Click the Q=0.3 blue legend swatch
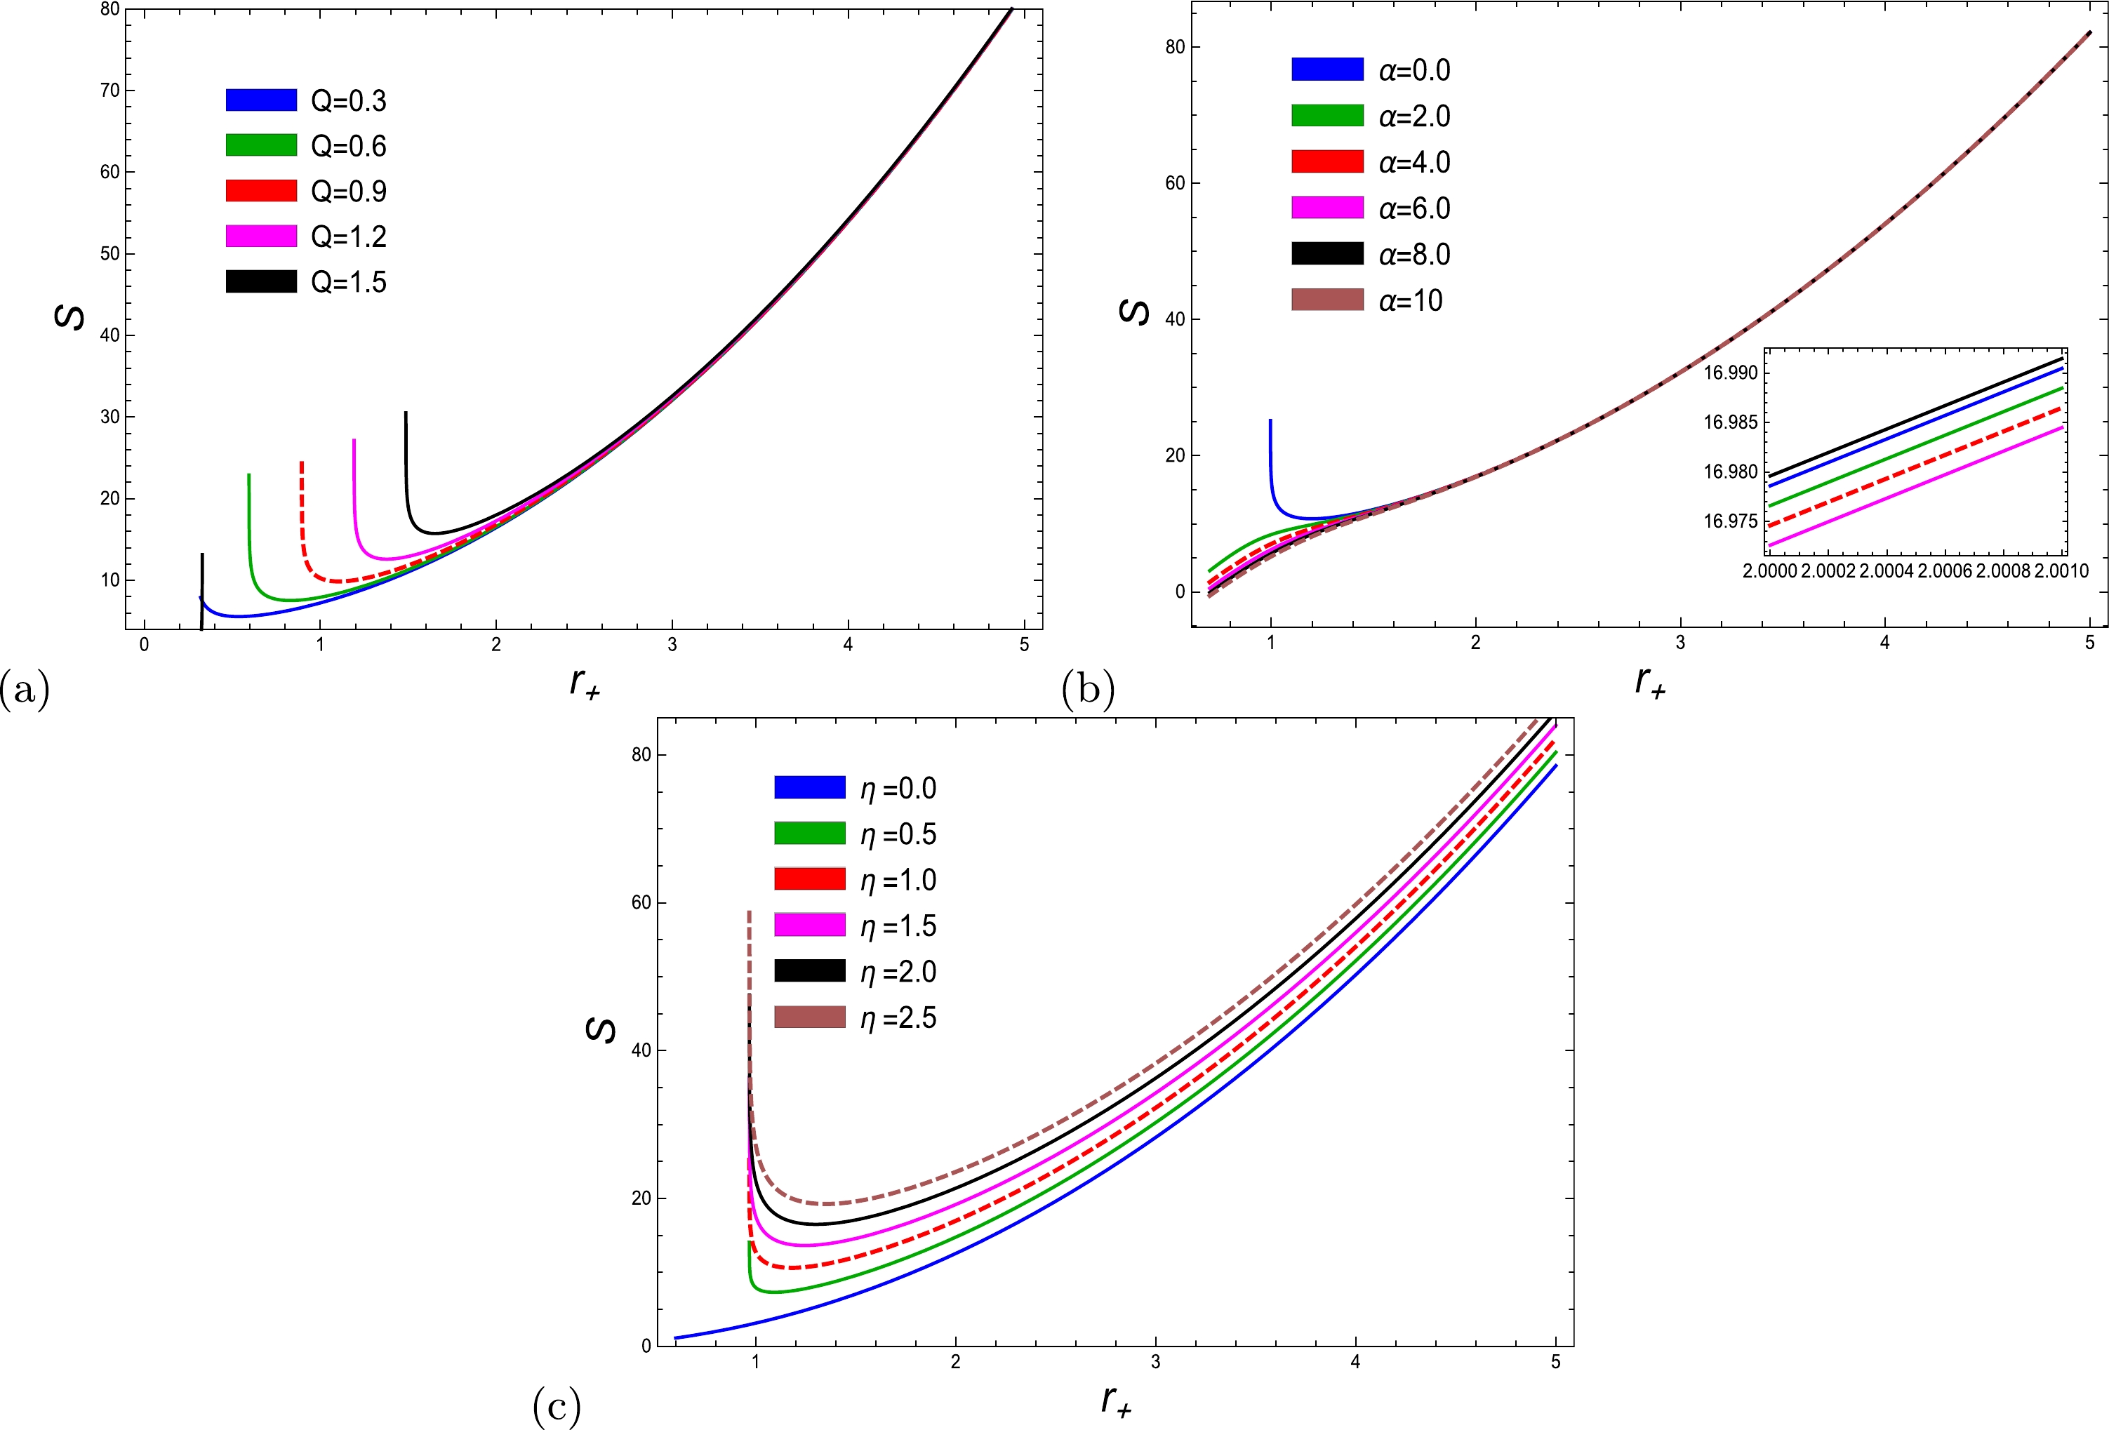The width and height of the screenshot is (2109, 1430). (x=261, y=100)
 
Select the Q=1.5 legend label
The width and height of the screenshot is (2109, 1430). (x=349, y=282)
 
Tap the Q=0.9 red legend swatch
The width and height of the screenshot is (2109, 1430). (x=261, y=191)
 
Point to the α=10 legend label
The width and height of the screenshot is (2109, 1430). (x=1410, y=300)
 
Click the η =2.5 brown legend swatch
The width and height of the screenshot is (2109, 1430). (x=809, y=1017)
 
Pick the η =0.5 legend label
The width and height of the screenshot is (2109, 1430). (x=898, y=834)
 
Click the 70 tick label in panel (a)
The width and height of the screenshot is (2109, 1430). (x=109, y=90)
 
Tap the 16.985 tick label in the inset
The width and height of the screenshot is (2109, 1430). (x=1731, y=422)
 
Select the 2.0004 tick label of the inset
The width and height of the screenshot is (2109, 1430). (x=1887, y=570)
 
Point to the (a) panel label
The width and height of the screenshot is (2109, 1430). (x=25, y=690)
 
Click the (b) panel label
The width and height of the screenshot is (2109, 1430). (x=1088, y=690)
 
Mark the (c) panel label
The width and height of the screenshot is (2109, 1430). (x=557, y=1406)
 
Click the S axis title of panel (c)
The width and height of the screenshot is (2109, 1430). (x=601, y=1030)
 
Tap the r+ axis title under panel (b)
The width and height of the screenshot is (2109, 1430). (x=1650, y=681)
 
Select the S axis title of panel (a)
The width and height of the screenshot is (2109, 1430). (x=71, y=316)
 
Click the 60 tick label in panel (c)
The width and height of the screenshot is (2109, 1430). (x=641, y=903)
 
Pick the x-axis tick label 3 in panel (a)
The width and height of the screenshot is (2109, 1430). (x=672, y=645)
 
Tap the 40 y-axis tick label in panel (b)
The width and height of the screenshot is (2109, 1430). (x=1175, y=319)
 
